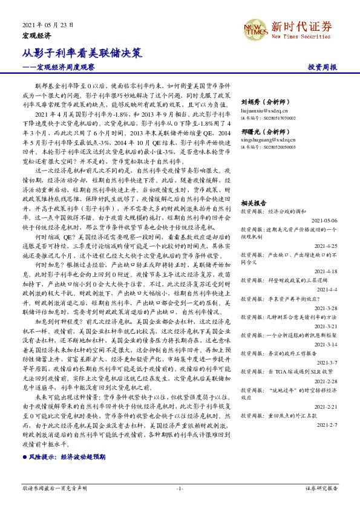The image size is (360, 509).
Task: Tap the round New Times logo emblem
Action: pos(254,28)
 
